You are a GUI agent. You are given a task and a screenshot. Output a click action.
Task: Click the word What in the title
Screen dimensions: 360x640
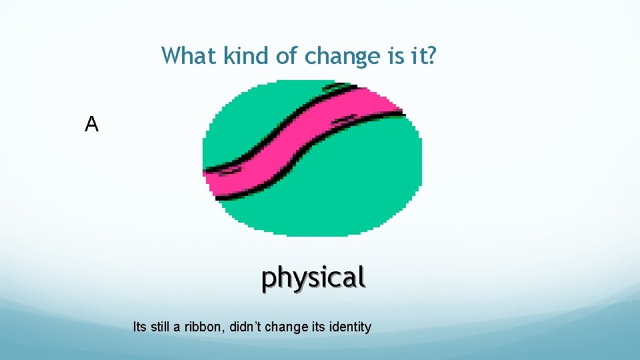[189, 56]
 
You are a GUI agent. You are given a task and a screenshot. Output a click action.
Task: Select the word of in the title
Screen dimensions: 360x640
[287, 56]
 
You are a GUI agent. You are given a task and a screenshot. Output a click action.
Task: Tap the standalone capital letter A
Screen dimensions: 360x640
[92, 124]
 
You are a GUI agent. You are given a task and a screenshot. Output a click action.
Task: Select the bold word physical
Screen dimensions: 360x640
[313, 277]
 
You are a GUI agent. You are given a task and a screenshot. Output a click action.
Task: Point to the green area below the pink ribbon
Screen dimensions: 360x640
[333, 193]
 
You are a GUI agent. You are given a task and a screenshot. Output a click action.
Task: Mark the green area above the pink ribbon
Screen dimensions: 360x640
[260, 113]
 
